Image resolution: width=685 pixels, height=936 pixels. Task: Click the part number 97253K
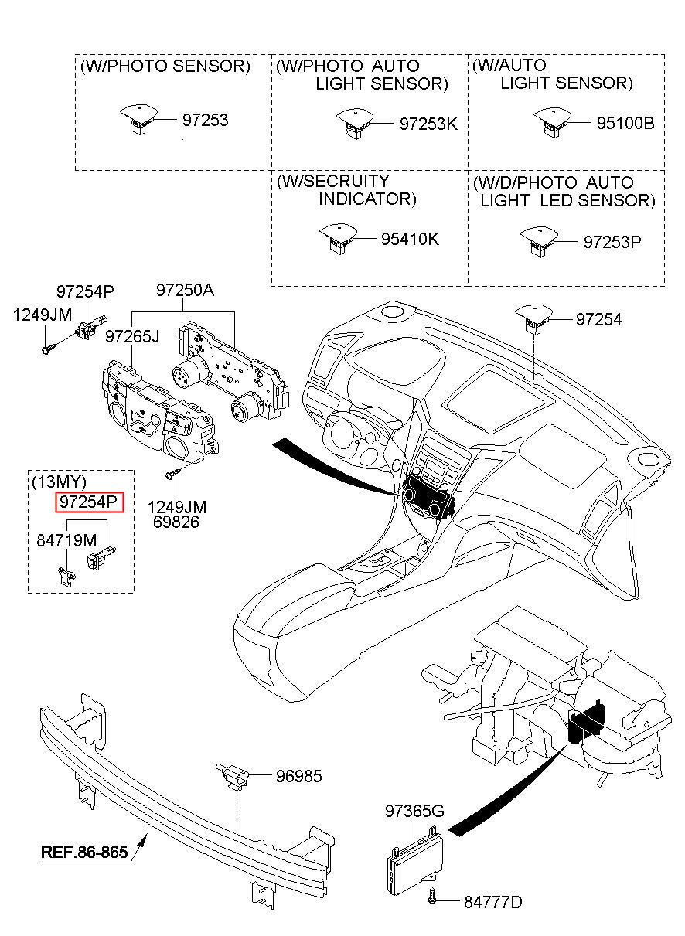(428, 124)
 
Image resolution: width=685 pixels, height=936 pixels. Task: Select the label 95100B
(625, 123)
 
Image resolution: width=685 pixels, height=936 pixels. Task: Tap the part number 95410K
(410, 240)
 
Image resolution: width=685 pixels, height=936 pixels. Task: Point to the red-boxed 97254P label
(90, 502)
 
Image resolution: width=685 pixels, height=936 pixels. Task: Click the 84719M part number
(66, 541)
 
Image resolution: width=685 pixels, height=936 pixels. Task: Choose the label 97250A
(185, 290)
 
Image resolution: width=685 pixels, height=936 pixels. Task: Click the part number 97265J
(132, 336)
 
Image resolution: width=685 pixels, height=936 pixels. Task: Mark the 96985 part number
(299, 776)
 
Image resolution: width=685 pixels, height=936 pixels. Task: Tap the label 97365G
(414, 811)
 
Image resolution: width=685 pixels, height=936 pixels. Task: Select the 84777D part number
(493, 903)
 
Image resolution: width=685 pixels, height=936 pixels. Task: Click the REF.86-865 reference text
(84, 852)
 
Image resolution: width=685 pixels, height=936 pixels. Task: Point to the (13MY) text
(59, 482)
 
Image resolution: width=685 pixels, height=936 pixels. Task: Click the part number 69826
(176, 522)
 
